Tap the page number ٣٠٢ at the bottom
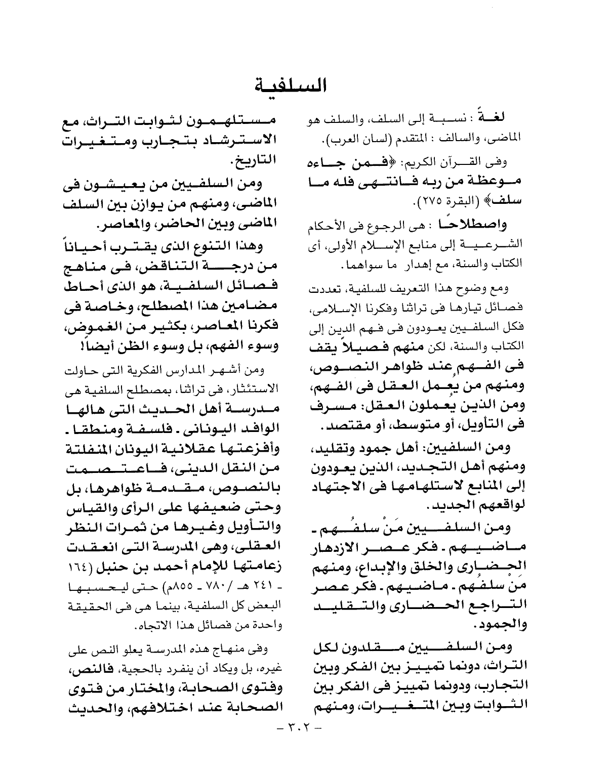coord(296,729)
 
